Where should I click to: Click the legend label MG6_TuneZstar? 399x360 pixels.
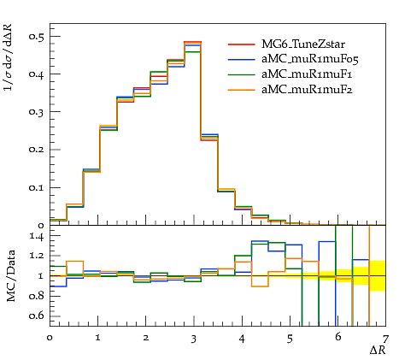(303, 44)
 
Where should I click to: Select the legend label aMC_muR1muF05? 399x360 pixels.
(310, 59)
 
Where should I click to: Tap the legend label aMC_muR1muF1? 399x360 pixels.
(307, 74)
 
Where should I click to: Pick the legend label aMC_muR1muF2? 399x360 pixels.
(307, 90)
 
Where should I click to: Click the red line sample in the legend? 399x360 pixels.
(241, 44)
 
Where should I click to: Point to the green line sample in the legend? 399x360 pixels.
(241, 74)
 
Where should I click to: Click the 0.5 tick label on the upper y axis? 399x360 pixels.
(37, 37)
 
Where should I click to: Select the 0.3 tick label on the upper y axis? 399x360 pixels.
(37, 112)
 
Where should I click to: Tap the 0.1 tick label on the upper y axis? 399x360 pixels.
(37, 188)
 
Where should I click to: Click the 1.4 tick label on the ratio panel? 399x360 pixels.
(37, 237)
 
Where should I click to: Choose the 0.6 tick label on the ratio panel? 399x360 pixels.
(37, 316)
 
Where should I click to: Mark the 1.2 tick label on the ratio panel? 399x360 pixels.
(37, 256)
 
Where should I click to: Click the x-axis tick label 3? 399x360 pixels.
(194, 339)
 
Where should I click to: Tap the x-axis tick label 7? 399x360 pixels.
(385, 339)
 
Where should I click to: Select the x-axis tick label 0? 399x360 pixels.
(50, 338)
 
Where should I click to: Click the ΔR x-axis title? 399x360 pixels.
(378, 350)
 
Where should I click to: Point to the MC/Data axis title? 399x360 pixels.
(11, 275)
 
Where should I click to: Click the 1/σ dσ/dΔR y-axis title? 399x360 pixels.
(8, 57)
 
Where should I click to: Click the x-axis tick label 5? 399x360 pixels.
(290, 339)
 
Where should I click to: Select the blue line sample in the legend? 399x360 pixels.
(241, 59)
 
